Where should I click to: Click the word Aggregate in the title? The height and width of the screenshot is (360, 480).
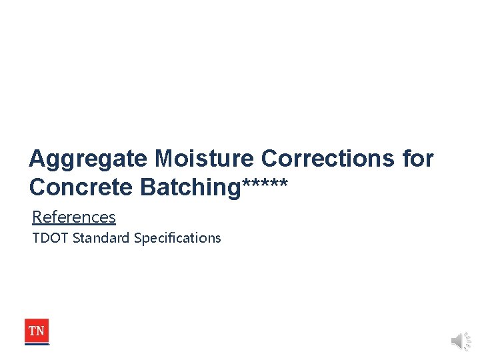(89, 159)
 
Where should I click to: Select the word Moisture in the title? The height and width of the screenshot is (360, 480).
(205, 159)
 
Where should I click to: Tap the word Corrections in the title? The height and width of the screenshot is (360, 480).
(328, 159)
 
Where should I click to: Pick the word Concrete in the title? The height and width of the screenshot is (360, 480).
(81, 188)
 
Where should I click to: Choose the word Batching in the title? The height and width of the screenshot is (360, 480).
(189, 188)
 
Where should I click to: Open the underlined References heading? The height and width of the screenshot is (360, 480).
(73, 217)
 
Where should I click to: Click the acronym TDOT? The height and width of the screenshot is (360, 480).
(50, 238)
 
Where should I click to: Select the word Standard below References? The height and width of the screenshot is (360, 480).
(101, 238)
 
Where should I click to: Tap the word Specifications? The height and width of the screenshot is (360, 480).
(177, 238)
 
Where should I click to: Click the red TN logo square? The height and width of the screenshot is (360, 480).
(37, 330)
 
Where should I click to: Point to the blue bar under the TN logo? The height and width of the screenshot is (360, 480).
(37, 344)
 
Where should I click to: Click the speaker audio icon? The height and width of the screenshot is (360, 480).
(460, 341)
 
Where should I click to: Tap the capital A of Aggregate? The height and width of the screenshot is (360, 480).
(37, 159)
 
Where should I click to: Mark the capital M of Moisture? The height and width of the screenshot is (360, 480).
(165, 159)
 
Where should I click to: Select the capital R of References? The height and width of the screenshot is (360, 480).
(37, 217)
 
